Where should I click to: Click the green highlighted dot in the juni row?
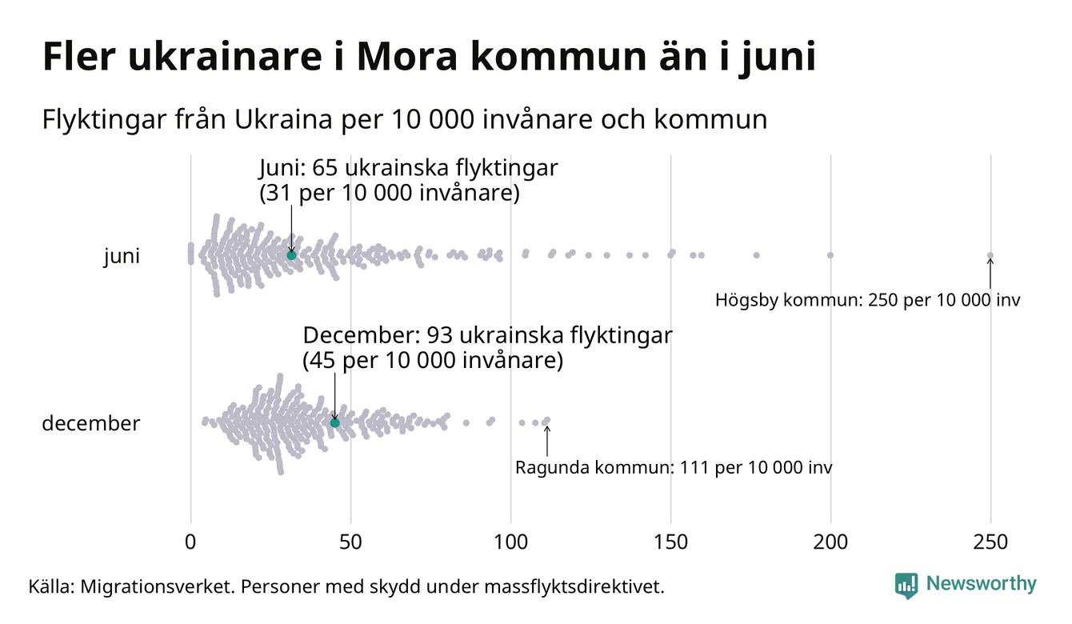(291, 254)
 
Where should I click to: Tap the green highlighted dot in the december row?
(334, 422)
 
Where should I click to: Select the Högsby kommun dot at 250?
(990, 256)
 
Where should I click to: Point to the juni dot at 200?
(830, 255)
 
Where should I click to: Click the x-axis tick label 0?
(190, 542)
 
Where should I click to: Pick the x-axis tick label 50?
(350, 542)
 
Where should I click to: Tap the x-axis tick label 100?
(510, 542)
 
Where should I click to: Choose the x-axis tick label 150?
(670, 542)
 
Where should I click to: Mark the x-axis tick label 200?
(830, 542)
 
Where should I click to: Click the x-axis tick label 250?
(990, 542)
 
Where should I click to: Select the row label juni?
(122, 257)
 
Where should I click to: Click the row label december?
(90, 423)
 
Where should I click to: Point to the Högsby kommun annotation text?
(867, 301)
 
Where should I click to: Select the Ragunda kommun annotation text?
(673, 467)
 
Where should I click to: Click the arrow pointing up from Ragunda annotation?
(547, 440)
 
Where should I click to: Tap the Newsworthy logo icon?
(906, 586)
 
